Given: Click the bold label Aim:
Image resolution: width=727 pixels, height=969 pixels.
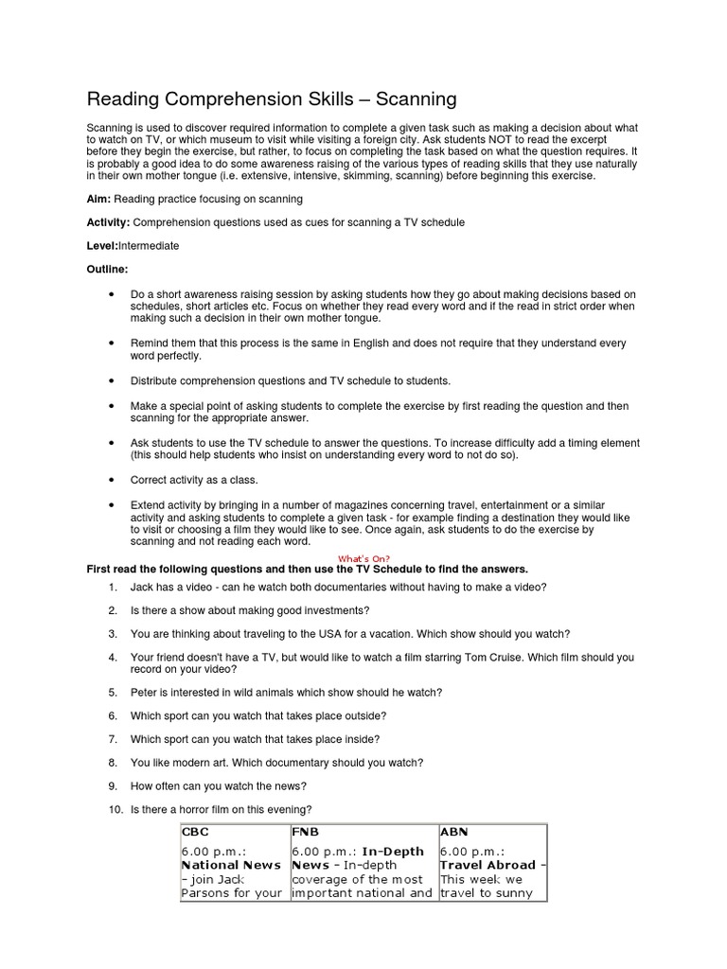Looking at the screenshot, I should (x=98, y=199).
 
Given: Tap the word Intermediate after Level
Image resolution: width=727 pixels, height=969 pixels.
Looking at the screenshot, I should (x=149, y=246).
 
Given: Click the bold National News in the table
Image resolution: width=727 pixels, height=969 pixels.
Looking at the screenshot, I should (x=231, y=865).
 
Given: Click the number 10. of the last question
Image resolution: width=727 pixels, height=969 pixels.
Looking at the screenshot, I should (x=115, y=809).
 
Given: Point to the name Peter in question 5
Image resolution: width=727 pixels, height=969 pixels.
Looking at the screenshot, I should (x=144, y=692).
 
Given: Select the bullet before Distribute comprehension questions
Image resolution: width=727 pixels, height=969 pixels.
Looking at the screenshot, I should (x=112, y=380).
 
